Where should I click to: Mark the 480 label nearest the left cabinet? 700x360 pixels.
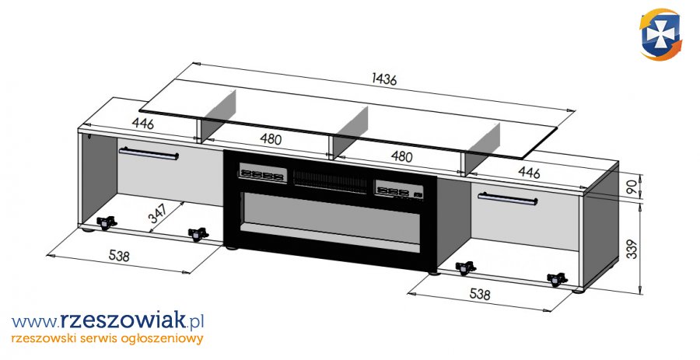(x=270, y=140)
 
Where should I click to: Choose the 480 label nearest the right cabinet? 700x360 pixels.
(x=401, y=156)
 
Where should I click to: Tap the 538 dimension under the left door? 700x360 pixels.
(x=119, y=255)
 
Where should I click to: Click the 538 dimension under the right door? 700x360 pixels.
(x=481, y=295)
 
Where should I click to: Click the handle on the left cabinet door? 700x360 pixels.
(x=149, y=153)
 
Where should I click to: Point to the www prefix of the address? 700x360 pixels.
(x=34, y=320)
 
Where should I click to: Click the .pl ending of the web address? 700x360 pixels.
(x=194, y=320)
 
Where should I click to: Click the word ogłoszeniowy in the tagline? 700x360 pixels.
(x=161, y=338)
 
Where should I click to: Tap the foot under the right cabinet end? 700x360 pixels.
(x=578, y=292)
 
